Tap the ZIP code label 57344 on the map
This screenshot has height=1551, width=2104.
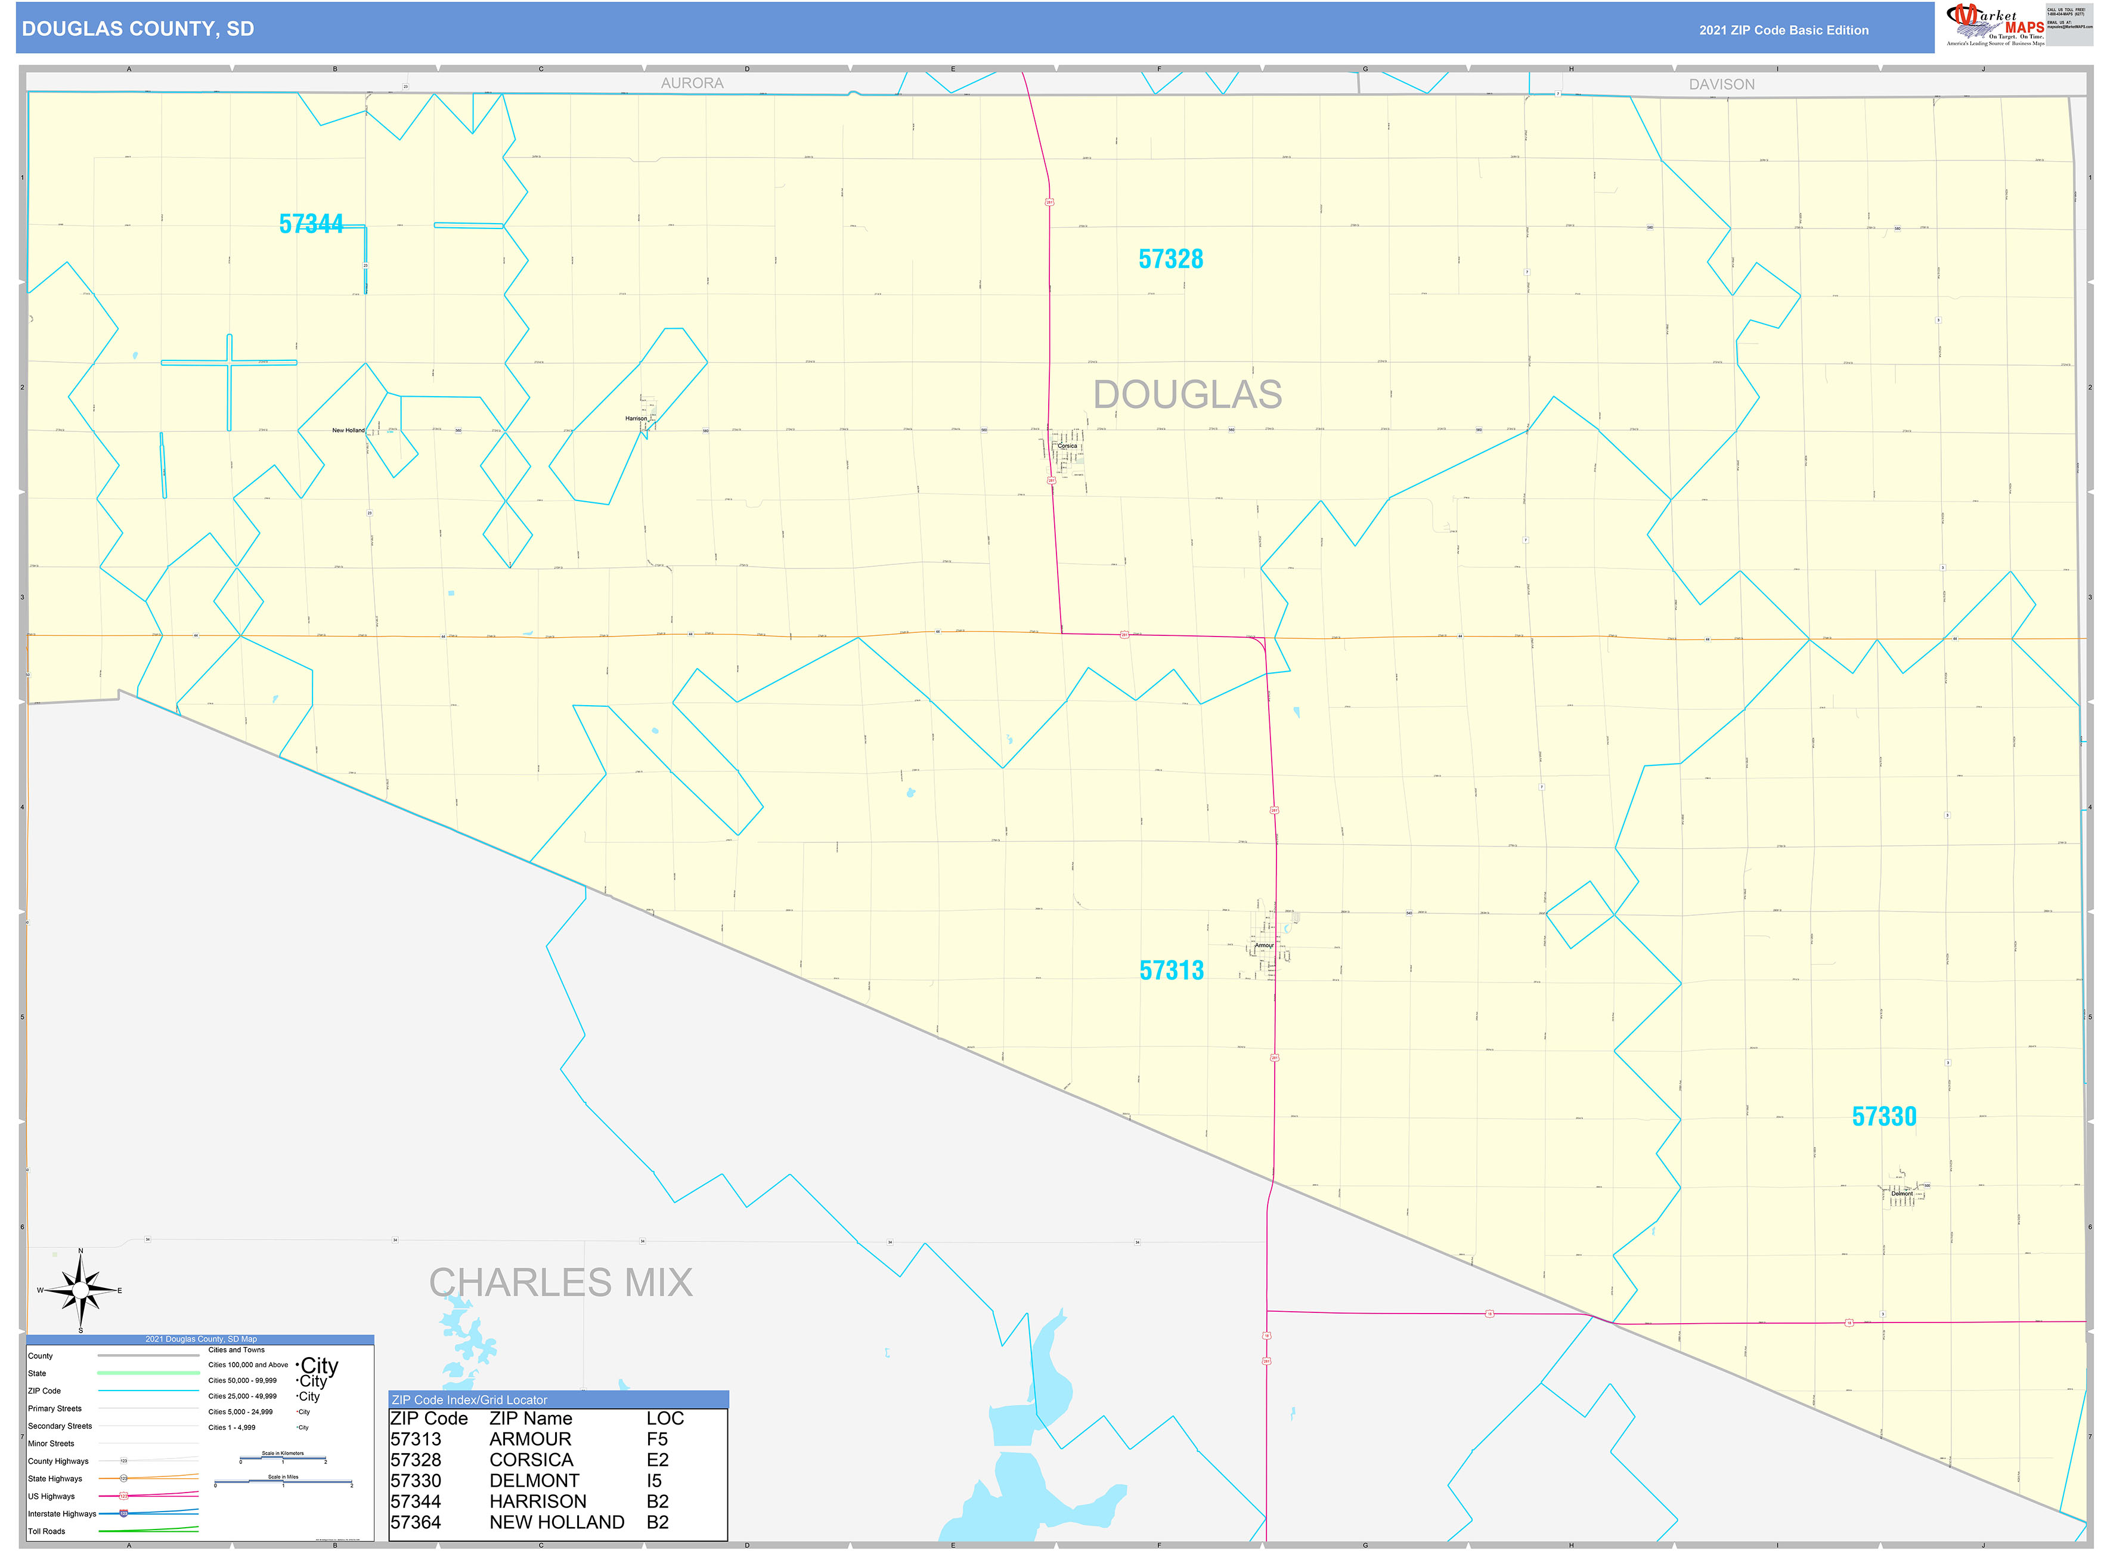(311, 224)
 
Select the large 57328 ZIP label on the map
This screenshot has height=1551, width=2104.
(1170, 259)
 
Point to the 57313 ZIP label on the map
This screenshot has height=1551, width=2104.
(1171, 970)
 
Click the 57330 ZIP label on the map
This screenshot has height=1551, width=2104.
(1883, 1116)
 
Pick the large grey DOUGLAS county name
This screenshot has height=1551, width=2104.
(1187, 394)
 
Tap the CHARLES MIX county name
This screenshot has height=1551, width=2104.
(560, 1283)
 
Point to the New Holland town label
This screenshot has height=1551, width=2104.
(348, 431)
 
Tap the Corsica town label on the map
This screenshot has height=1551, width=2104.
(1067, 446)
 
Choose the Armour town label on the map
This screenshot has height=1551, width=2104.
(1264, 946)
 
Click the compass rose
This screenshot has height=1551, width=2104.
(80, 1291)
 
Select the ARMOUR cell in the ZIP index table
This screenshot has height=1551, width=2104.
(530, 1439)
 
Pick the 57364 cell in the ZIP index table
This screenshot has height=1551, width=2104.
(416, 1522)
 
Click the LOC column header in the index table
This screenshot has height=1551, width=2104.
(664, 1419)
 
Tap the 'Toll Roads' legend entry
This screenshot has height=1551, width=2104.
(47, 1531)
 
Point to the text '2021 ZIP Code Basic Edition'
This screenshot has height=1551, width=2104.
(1783, 30)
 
